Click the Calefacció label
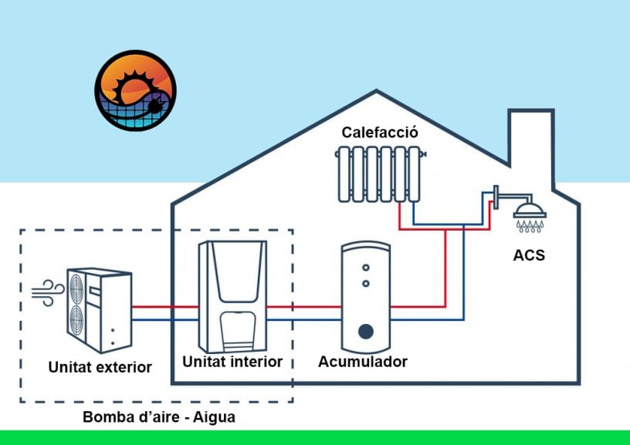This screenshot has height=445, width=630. coord(380,133)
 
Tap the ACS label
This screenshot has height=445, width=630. coord(528,255)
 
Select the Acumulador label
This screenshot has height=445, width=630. coord(363,362)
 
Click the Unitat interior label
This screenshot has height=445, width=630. coord(232,361)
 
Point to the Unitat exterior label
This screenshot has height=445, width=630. coord(100,366)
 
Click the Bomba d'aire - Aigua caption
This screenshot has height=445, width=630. coord(158,417)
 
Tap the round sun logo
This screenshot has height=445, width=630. coord(135,90)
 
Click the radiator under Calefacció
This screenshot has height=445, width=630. coord(378,175)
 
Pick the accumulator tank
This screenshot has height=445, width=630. coord(365,297)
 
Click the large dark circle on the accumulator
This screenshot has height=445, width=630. coord(366,332)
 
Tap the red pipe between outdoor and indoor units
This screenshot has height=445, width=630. coord(164,307)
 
